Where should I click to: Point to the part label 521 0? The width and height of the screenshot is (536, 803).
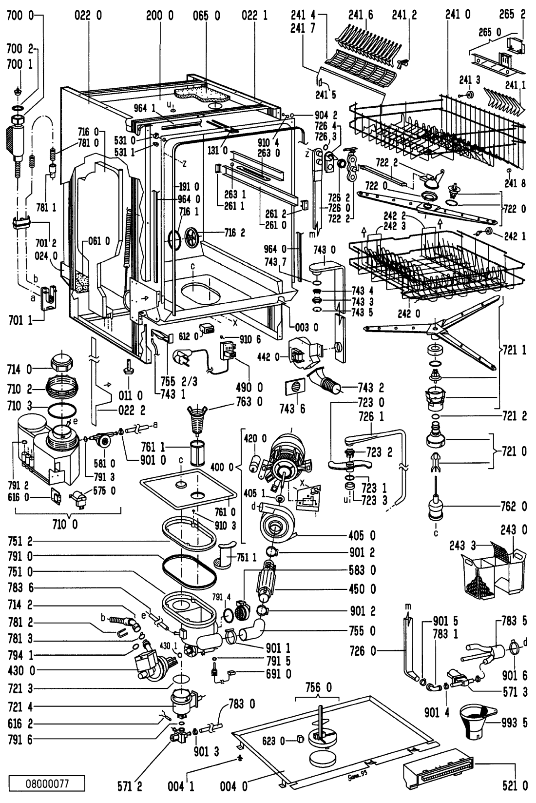pos(515,785)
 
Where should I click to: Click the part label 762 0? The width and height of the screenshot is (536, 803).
pos(515,507)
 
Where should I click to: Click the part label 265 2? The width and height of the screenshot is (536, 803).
pos(515,15)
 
